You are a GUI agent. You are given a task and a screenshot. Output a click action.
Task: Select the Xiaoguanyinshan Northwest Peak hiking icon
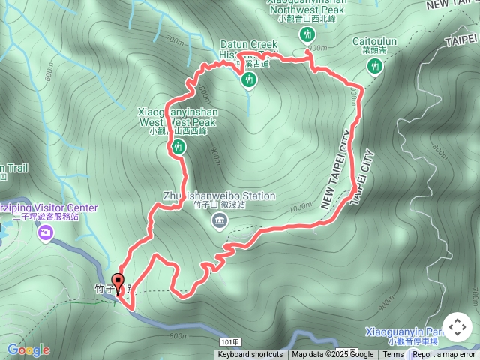(x=307, y=35)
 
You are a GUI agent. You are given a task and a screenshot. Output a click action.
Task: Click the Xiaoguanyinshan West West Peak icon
(x=178, y=146)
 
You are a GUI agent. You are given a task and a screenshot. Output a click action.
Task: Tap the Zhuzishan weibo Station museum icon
(x=219, y=220)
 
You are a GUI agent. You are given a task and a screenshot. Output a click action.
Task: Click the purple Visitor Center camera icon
(x=46, y=232)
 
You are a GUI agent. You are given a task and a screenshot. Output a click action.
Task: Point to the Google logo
(x=28, y=349)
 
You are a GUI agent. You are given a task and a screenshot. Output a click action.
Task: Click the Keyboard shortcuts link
(x=250, y=355)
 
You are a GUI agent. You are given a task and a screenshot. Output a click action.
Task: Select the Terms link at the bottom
(x=393, y=355)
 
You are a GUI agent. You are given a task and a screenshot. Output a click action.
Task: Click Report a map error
(x=444, y=355)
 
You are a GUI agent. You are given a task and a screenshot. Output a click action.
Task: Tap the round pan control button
(x=457, y=328)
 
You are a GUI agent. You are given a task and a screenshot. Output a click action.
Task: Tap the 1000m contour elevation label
(x=299, y=207)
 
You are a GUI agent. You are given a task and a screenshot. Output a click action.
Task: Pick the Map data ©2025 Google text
(x=332, y=355)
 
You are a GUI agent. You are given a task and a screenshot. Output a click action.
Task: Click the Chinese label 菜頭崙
(x=373, y=52)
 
